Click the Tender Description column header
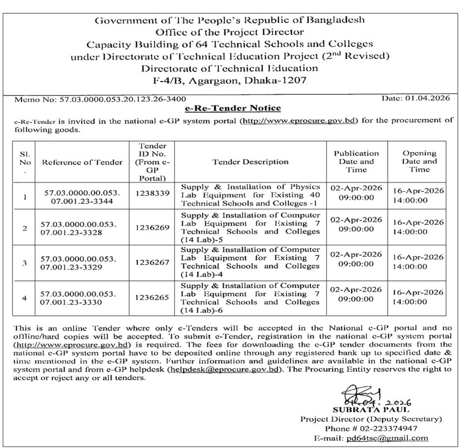[250, 162]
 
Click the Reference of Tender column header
[82, 162]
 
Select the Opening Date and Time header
[419, 161]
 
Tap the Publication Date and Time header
[356, 161]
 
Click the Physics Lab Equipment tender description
[250, 195]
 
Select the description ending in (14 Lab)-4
[250, 262]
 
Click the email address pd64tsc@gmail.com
[387, 438]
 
